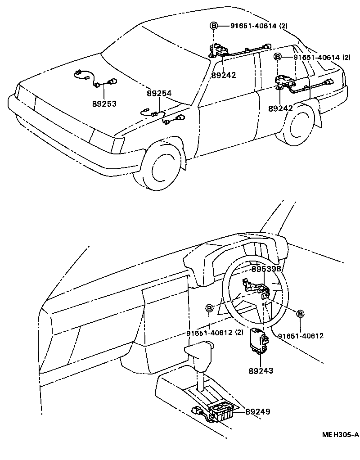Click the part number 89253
coord(104,104)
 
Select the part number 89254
coord(159,93)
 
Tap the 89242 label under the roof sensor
coord(223,76)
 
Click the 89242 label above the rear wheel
coord(280,108)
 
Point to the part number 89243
coord(261,371)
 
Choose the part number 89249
coord(258,411)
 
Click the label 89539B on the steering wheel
coord(266,268)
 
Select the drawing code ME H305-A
coord(340,434)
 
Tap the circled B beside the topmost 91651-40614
coord(213,26)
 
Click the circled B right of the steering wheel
coord(301,314)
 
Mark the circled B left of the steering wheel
coord(209,308)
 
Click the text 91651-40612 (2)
coord(215,333)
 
